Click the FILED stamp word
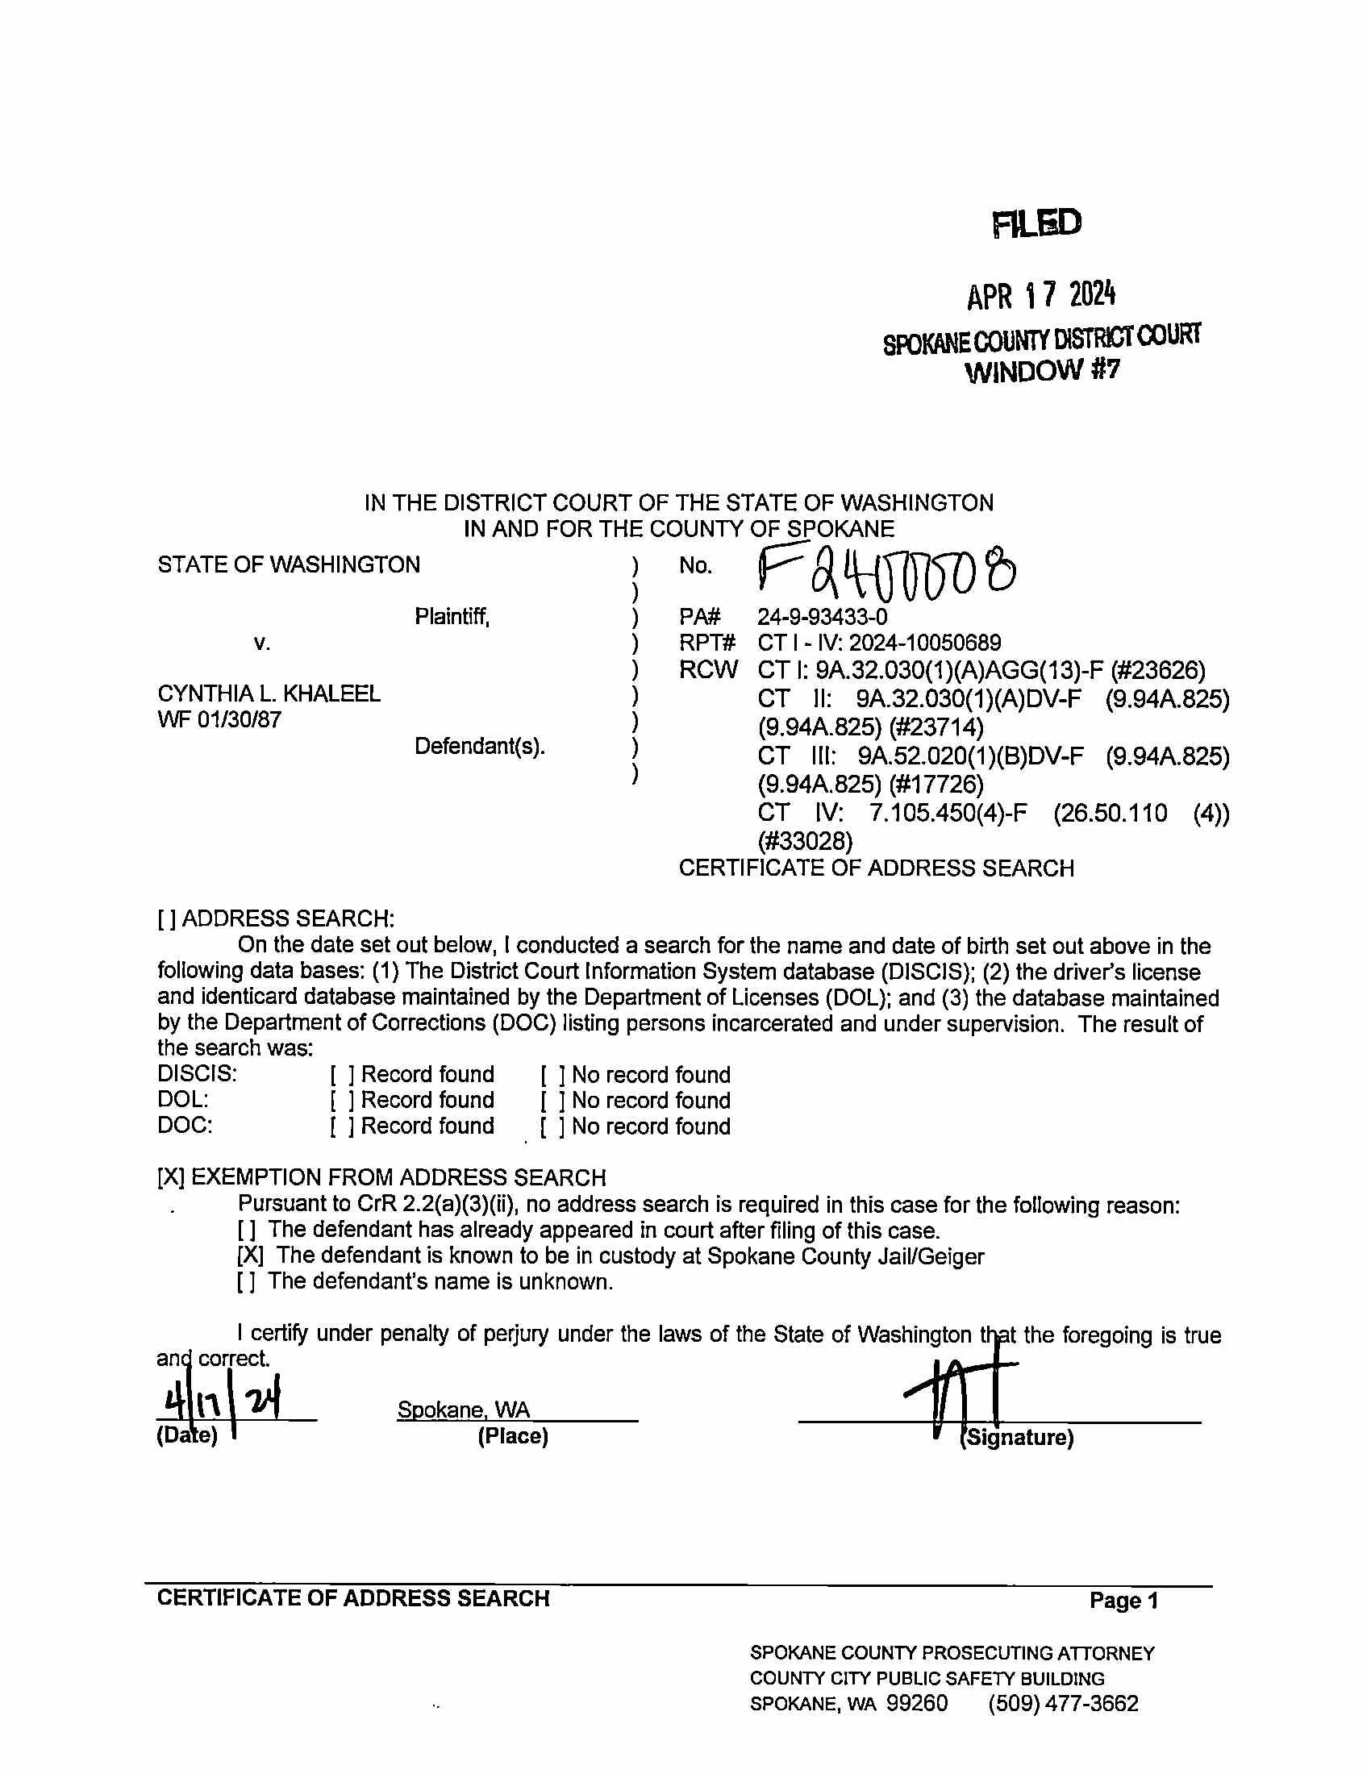pyautogui.click(x=1036, y=223)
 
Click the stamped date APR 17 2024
pyautogui.click(x=1040, y=296)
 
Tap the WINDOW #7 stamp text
pyautogui.click(x=1042, y=371)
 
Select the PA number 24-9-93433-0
pyautogui.click(x=822, y=618)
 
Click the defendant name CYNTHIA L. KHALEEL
pyautogui.click(x=269, y=693)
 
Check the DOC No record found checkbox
pyautogui.click(x=552, y=1126)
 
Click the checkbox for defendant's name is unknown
pyautogui.click(x=247, y=1282)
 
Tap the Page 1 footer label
pyautogui.click(x=1123, y=1601)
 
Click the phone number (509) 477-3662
pyautogui.click(x=1062, y=1703)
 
